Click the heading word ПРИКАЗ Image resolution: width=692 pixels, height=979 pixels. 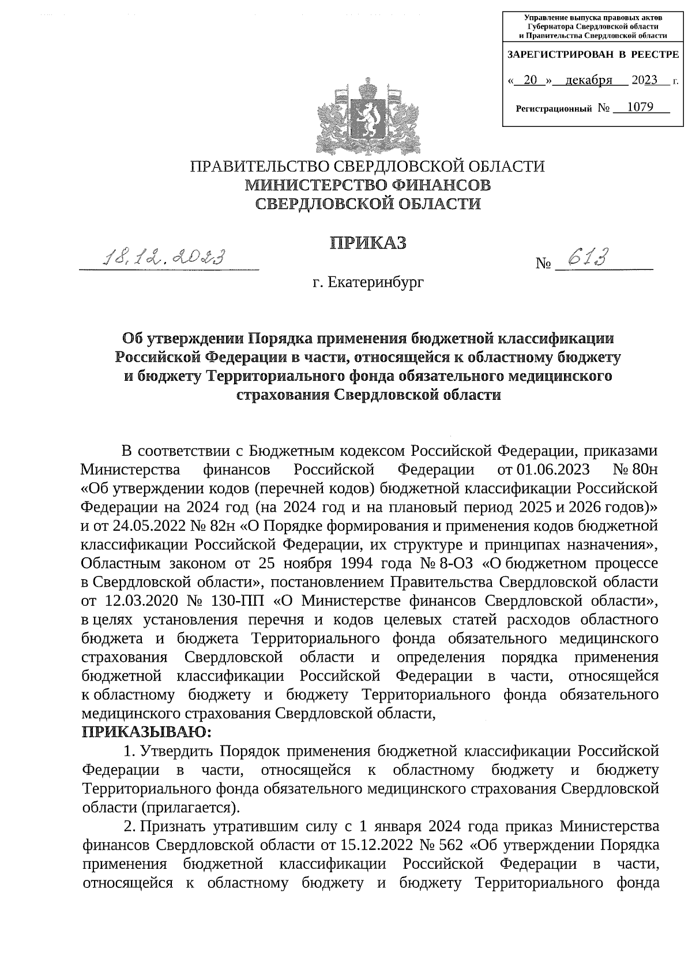point(368,243)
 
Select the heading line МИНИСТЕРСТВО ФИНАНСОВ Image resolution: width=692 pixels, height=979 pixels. point(368,185)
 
